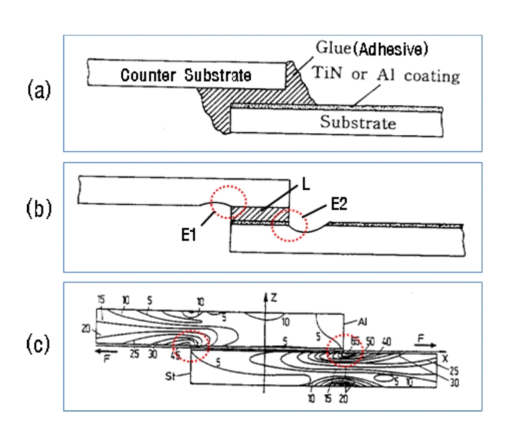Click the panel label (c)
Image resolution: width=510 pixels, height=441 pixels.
(x=36, y=345)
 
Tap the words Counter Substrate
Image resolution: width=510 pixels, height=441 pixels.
(x=185, y=76)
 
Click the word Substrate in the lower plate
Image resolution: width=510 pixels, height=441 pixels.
(x=357, y=122)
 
